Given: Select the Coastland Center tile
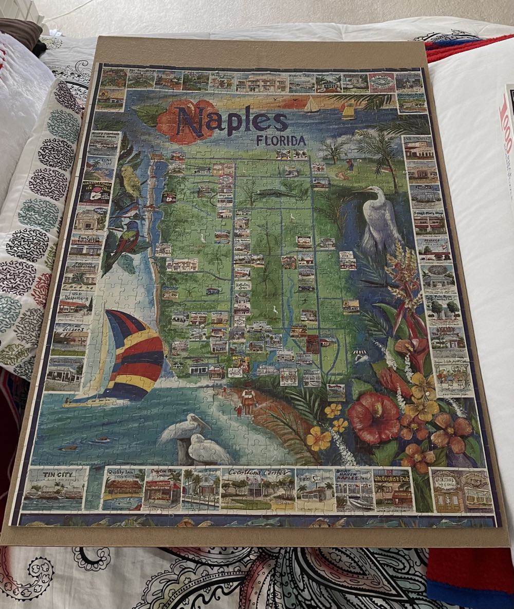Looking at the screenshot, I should (257, 488).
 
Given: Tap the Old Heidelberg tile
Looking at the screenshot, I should (75, 306).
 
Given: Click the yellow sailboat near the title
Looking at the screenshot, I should (348, 111).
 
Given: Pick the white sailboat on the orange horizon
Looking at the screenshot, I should (311, 105).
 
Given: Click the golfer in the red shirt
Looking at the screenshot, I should (349, 165).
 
